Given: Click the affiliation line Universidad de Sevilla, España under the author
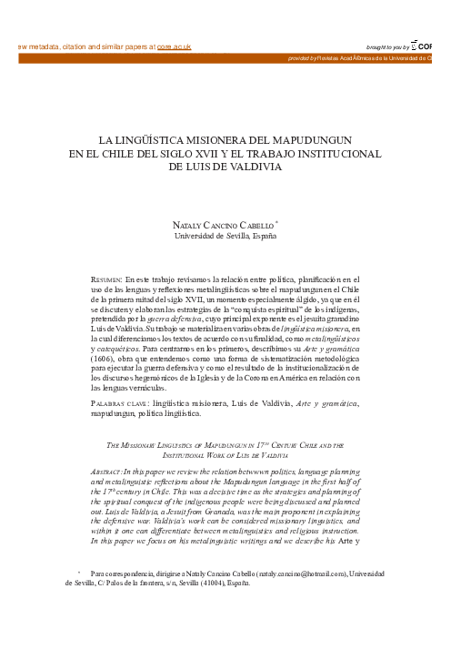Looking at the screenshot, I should pyautogui.click(x=225, y=237).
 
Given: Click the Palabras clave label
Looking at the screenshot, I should pyautogui.click(x=121, y=401).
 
